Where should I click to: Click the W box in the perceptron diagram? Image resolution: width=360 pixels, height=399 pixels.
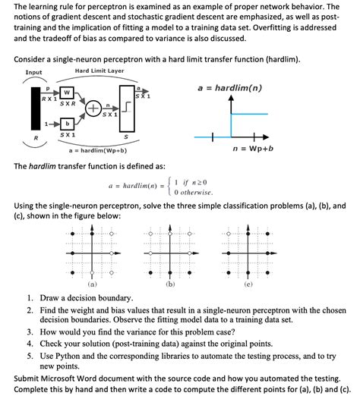(67, 93)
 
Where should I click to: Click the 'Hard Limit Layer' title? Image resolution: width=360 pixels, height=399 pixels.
(99, 71)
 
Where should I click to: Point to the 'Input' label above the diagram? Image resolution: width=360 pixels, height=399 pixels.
(34, 73)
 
